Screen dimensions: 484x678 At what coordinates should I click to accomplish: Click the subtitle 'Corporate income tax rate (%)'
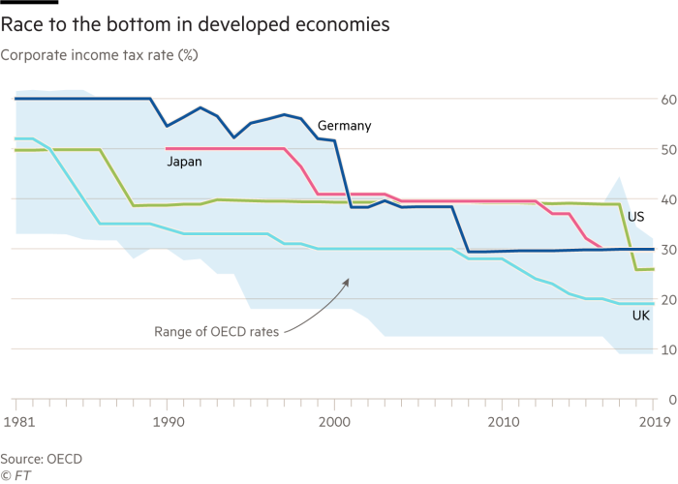point(100,55)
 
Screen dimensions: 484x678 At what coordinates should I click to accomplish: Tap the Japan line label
point(184,162)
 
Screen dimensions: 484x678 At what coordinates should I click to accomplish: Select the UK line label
point(641,316)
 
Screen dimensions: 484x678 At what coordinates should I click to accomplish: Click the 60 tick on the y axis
point(668,99)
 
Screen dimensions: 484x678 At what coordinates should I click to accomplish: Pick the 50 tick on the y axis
point(668,149)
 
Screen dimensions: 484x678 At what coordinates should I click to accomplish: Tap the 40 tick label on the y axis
point(668,198)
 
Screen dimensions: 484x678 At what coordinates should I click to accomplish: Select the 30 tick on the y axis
point(668,249)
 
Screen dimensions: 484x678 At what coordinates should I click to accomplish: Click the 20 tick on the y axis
point(668,299)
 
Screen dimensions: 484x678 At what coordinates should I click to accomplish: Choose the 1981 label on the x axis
point(16,423)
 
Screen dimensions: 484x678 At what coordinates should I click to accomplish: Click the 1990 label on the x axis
point(169,423)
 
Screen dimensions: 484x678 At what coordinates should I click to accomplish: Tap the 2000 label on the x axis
point(334,423)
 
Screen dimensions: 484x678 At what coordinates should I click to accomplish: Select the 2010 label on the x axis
point(502,423)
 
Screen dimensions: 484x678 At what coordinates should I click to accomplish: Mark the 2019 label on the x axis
point(654,423)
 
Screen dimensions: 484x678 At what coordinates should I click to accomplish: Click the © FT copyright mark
point(15,475)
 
